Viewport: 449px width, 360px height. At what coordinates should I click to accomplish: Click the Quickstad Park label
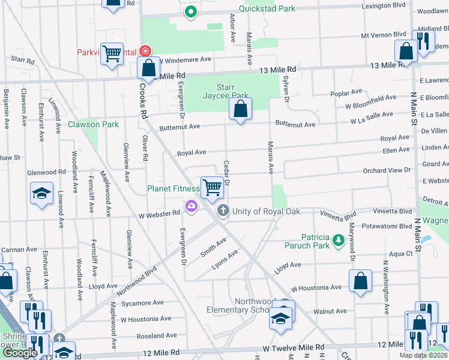point(267,8)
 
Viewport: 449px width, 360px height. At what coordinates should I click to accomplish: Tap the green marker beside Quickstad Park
point(191,11)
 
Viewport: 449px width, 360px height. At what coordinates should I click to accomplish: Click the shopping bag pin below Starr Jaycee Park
point(240,109)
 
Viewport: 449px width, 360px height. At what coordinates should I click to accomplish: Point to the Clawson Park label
point(93,124)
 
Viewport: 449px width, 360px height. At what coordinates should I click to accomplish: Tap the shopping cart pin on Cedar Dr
point(212,188)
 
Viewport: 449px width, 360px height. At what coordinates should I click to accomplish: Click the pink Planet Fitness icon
point(191,206)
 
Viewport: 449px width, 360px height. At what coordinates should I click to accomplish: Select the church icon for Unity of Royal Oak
point(223,210)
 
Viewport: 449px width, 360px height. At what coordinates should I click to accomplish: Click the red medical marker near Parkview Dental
point(144,52)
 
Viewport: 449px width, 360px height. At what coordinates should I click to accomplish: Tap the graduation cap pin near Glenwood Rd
point(41,194)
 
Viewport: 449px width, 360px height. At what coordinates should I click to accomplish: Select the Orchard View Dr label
point(386,170)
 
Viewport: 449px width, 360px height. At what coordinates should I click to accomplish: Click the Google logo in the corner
point(20,353)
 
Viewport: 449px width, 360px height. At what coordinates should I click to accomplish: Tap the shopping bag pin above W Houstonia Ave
point(360,281)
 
